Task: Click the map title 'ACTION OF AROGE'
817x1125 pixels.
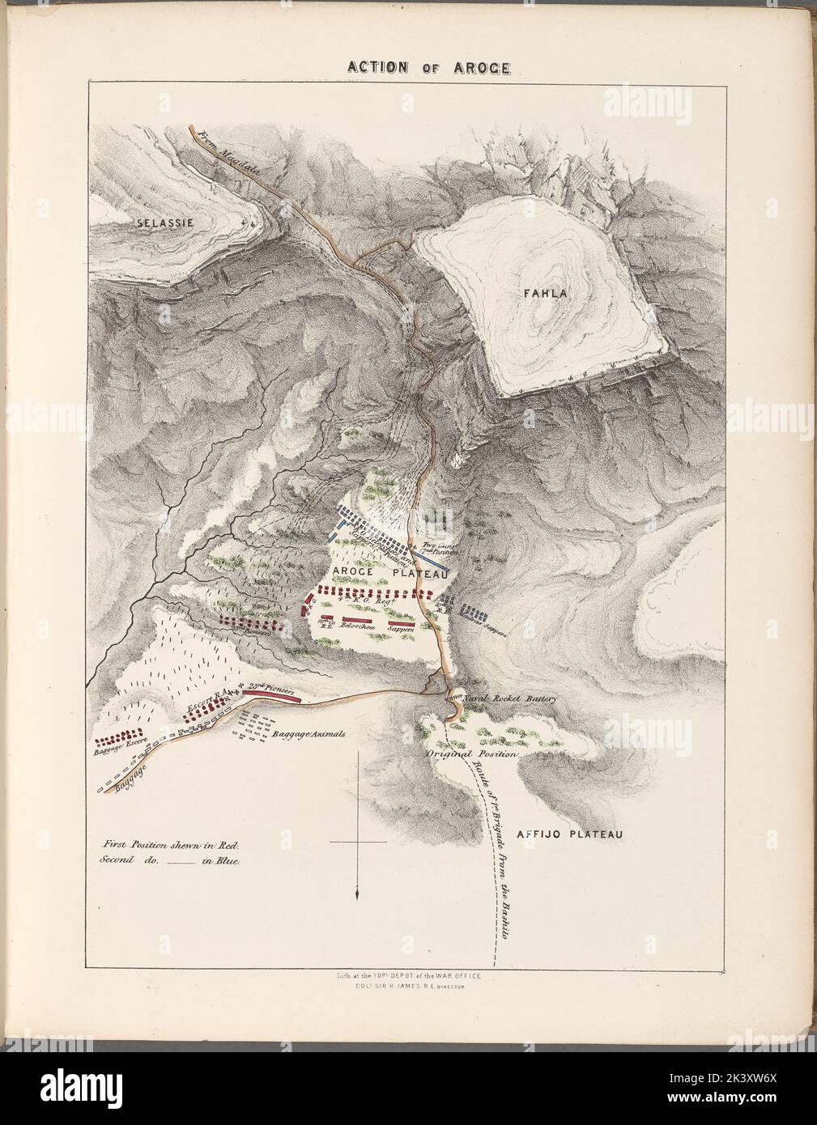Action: click(x=428, y=66)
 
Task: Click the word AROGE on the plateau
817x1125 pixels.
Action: click(x=352, y=572)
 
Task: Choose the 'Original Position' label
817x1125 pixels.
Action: click(x=471, y=754)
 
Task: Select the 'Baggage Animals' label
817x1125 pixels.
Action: click(x=308, y=734)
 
